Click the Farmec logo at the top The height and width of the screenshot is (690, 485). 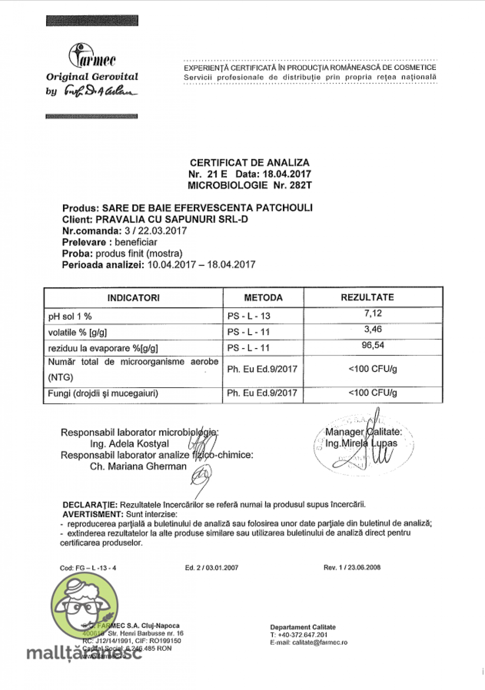[x=92, y=57]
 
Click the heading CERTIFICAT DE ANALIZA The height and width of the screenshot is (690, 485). [x=249, y=163]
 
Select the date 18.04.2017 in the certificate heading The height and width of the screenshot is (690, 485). [x=287, y=174]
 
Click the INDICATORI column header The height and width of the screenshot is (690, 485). [x=133, y=298]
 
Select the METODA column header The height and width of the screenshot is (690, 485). [x=263, y=298]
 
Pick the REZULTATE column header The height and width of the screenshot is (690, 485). [x=367, y=298]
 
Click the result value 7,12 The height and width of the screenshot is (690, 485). [x=373, y=313]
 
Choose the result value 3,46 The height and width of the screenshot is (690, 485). [x=373, y=329]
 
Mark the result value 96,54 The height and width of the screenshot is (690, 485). [x=373, y=345]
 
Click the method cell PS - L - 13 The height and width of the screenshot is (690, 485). [x=249, y=316]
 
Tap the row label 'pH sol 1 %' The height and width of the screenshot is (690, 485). [x=70, y=317]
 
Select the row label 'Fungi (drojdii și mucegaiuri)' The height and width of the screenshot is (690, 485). [x=103, y=393]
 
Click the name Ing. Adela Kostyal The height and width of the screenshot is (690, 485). [x=129, y=444]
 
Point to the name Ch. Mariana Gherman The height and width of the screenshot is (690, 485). [x=138, y=466]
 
